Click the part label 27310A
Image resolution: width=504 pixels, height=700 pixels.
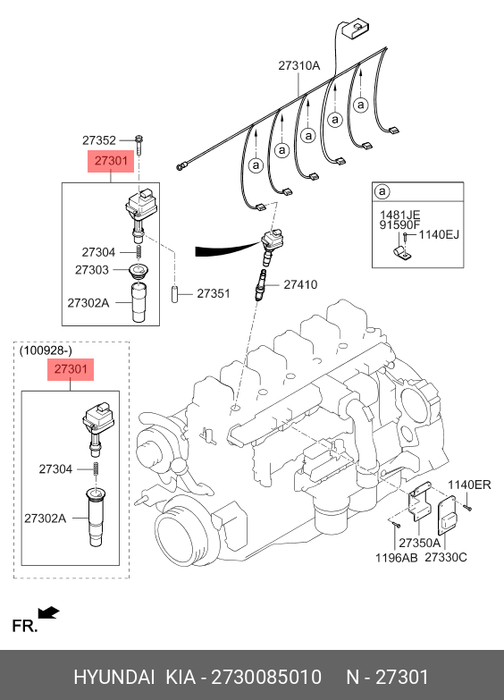pos(299,65)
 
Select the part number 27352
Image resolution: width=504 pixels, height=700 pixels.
pos(98,140)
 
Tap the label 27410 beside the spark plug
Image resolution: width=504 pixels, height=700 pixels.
pos(300,284)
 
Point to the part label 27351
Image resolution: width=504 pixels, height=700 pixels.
pos(214,293)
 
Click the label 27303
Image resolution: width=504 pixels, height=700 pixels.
pos(91,270)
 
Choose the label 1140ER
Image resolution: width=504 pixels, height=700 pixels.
pos(469,485)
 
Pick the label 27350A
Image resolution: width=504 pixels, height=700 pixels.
pos(419,543)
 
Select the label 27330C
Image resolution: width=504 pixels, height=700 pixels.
pos(446,557)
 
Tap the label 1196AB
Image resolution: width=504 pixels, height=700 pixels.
pos(397,558)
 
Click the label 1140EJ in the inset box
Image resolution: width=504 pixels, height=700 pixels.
pos(439,234)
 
